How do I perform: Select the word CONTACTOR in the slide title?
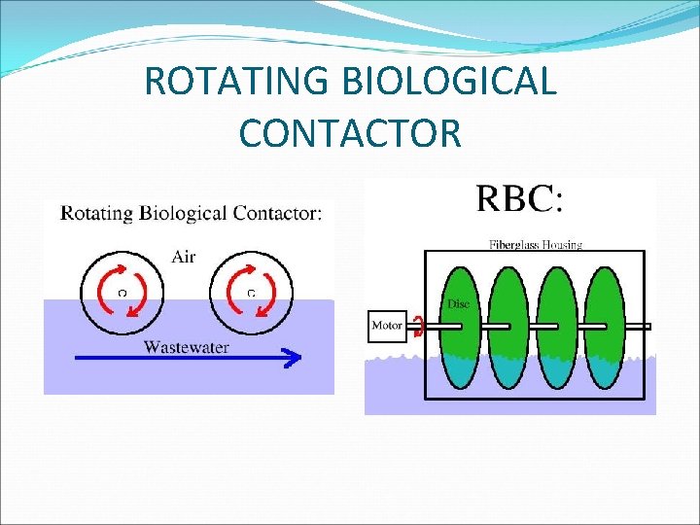349,132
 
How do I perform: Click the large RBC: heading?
519,200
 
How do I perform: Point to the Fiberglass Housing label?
535,244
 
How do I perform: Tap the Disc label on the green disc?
458,304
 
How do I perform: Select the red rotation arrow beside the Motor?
418,327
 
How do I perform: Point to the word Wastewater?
188,345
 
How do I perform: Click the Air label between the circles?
184,257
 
